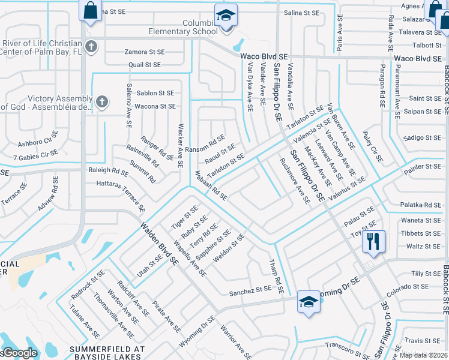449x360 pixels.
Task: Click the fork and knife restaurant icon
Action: [373, 241]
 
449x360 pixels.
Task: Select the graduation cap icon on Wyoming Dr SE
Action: [309, 301]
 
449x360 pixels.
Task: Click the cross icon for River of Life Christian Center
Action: [91, 46]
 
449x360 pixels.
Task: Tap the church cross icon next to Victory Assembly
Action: [102, 102]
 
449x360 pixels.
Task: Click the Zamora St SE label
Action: [145, 52]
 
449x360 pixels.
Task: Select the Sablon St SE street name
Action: [155, 93]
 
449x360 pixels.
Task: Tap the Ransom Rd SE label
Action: [205, 145]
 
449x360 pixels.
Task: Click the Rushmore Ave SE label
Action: [295, 181]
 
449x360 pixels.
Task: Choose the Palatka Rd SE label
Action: [421, 205]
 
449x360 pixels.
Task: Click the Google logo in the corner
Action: [19, 353]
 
